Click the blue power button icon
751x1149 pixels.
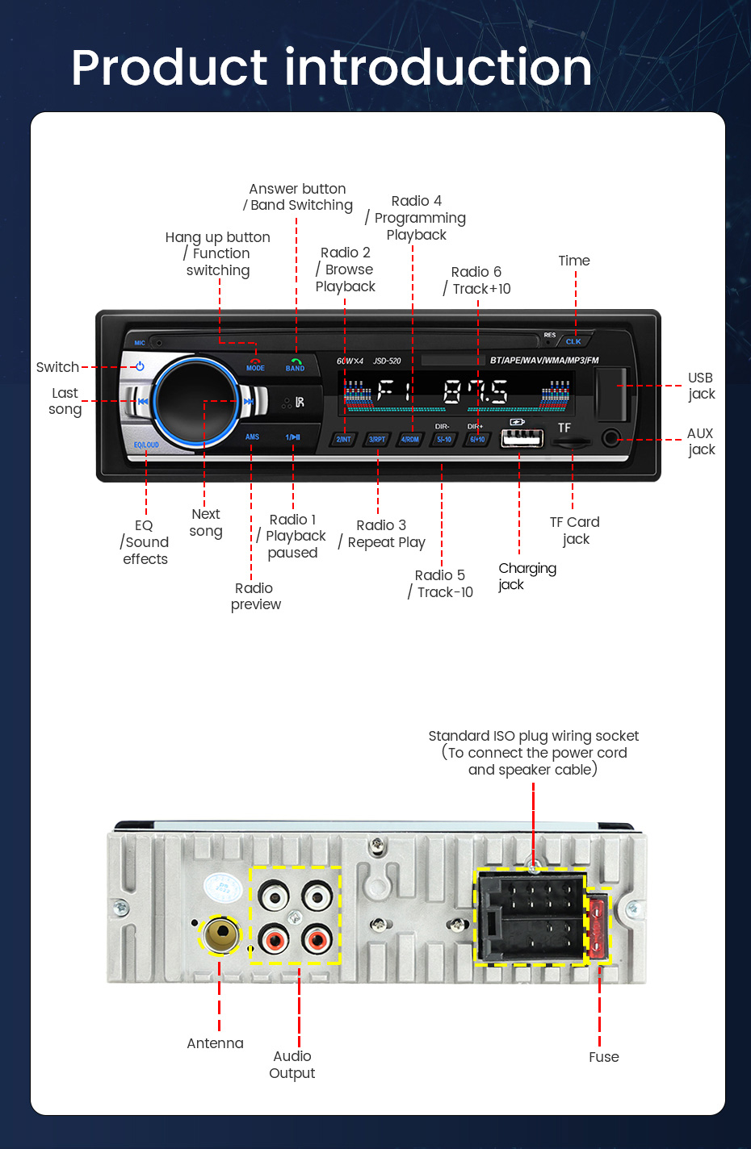tap(140, 366)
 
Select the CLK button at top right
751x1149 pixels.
tap(573, 341)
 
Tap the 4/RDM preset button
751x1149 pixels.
tap(410, 439)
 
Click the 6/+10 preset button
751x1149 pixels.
tap(477, 439)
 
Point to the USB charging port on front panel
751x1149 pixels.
tap(522, 437)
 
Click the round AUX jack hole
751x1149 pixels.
tap(611, 438)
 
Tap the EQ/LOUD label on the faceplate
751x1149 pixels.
tap(146, 445)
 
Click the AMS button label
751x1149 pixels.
tap(252, 437)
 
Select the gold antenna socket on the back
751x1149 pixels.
tap(220, 934)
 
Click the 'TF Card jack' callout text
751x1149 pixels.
tap(575, 530)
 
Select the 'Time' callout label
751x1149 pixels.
tap(574, 261)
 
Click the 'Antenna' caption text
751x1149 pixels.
tap(215, 1043)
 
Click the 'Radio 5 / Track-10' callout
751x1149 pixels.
tap(441, 583)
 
